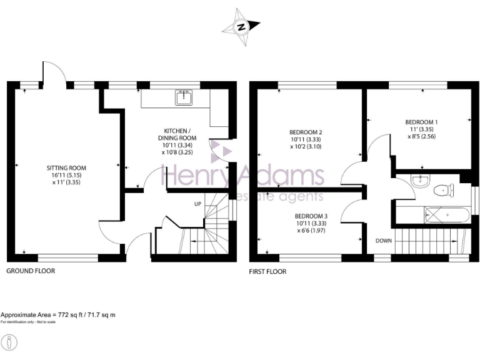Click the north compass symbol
[241, 27]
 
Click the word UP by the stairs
[198, 204]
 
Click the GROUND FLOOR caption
[31, 271]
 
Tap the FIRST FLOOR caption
[267, 271]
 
